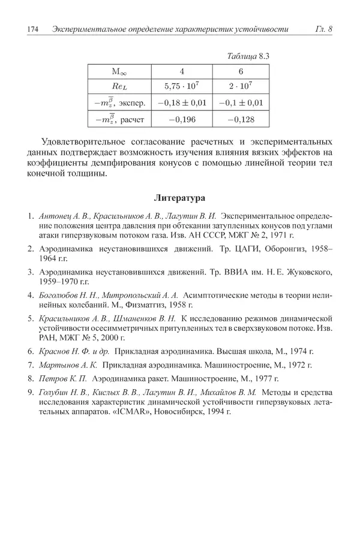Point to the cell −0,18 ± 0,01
(x=181, y=103)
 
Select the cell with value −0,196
(x=181, y=119)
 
